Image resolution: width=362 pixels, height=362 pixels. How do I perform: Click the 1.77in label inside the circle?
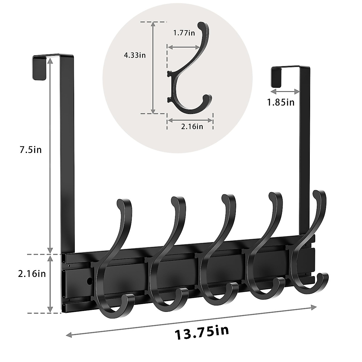(x=184, y=33)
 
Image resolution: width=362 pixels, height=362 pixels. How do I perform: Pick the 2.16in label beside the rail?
(x=32, y=274)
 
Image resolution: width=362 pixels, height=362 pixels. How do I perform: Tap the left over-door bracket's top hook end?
(x=39, y=68)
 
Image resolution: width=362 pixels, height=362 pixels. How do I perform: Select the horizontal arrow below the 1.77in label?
(x=183, y=47)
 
